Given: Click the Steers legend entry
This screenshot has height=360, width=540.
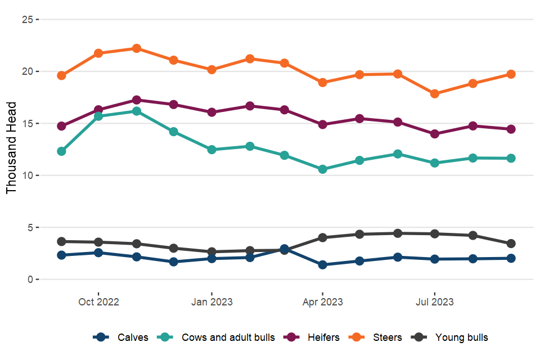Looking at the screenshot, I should (387, 337).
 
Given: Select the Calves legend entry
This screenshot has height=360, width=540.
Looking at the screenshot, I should (133, 337).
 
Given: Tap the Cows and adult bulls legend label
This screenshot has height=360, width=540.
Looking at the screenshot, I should (228, 337).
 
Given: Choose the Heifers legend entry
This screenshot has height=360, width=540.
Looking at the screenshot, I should (323, 337).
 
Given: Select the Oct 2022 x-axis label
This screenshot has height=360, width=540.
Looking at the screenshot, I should (98, 302).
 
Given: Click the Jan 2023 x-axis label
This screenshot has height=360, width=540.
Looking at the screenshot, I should (211, 302).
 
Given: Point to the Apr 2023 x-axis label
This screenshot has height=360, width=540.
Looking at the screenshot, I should (322, 302).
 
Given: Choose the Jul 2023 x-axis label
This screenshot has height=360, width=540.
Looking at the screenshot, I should (434, 302).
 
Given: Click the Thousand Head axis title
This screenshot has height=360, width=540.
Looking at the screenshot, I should (12, 147).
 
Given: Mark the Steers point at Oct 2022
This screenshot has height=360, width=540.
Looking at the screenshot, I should (98, 53).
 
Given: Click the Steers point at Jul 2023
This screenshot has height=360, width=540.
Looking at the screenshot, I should (434, 94).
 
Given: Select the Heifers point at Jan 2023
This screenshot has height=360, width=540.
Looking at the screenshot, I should (211, 112).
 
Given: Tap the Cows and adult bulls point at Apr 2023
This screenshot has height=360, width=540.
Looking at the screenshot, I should (322, 169).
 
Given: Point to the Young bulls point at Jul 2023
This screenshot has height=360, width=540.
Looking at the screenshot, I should (434, 234).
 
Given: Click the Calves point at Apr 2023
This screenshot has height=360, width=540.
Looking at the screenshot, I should (322, 265).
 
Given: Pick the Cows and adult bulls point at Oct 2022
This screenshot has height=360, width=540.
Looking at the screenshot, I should (98, 116).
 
